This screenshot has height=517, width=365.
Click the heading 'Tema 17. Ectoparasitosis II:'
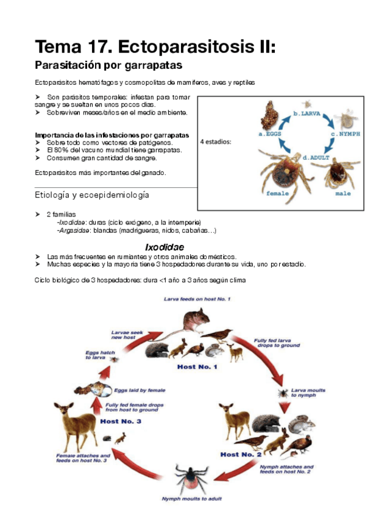click(155, 46)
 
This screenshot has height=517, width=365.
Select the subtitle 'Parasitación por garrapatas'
click(108, 65)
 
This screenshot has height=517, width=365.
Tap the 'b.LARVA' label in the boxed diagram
click(307, 114)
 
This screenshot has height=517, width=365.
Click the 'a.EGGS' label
click(270, 134)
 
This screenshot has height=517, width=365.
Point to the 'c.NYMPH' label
click(346, 134)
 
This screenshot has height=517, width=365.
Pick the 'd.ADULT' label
click(316, 158)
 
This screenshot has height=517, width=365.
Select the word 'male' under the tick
click(343, 193)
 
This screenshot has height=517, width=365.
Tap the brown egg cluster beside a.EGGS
click(269, 115)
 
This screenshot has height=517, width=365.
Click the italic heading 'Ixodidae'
click(165, 248)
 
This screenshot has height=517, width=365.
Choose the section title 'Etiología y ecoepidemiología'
click(92, 195)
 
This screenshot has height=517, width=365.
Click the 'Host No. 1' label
click(197, 366)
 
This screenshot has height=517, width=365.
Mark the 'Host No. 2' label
click(241, 454)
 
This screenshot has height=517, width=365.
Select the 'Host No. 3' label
click(121, 421)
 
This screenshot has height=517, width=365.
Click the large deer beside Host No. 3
click(76, 426)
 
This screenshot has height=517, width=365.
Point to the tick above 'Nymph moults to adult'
click(191, 478)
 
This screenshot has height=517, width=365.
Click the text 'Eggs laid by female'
click(140, 390)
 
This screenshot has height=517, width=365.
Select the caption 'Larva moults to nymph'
click(308, 393)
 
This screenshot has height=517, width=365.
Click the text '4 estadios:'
click(216, 142)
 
